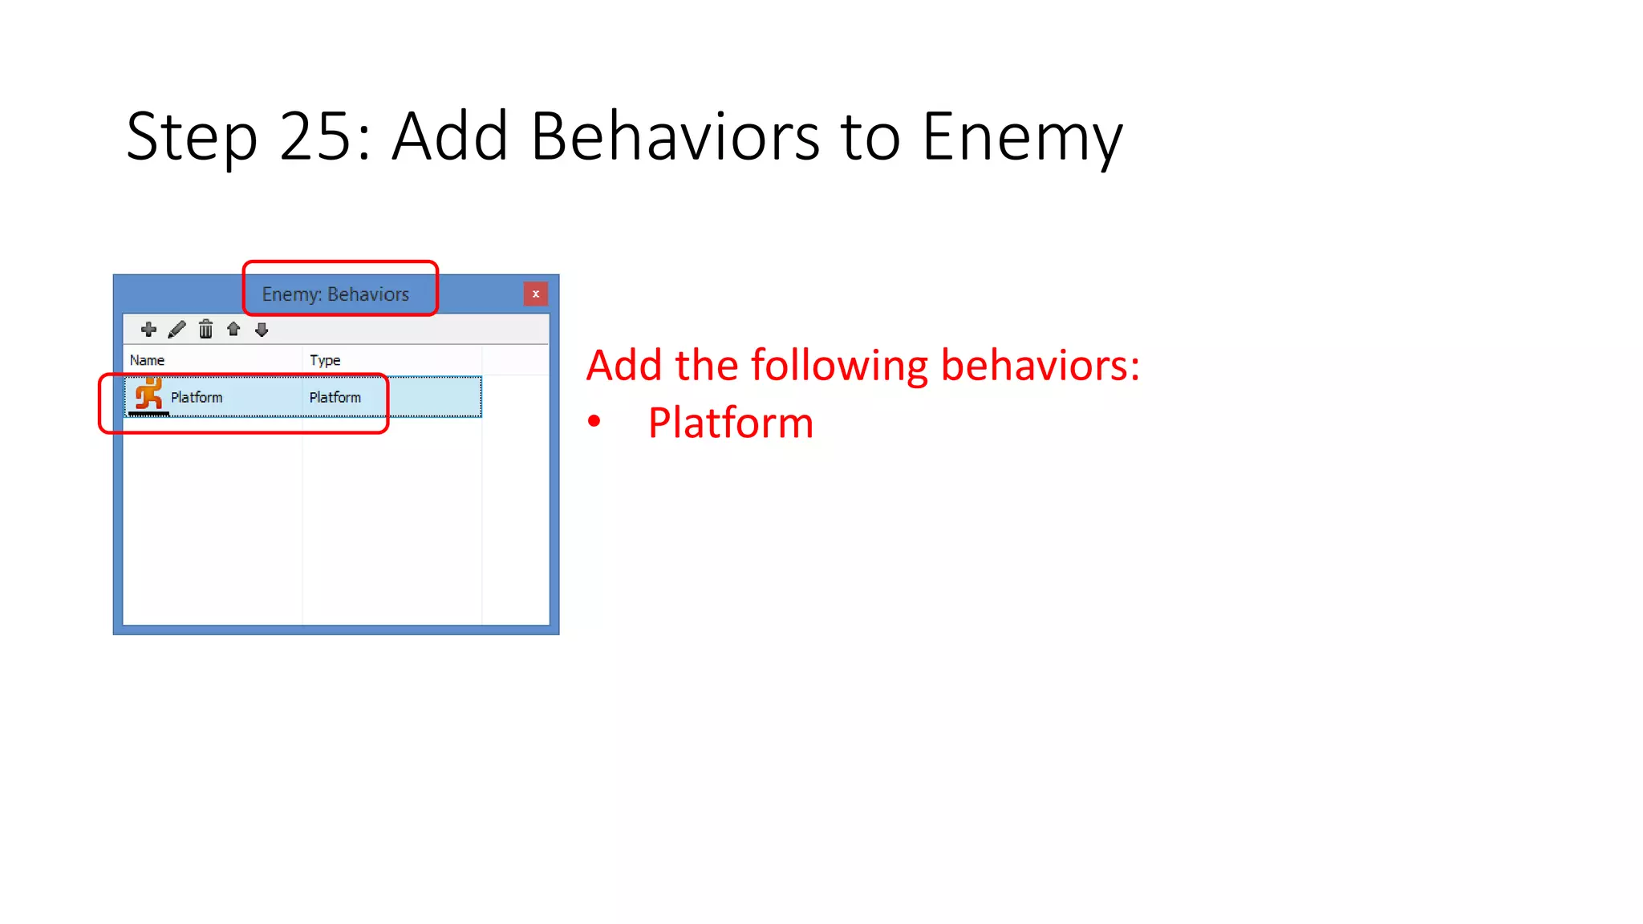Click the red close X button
pos(535,294)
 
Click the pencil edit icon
pos(177,330)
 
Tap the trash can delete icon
pos(205,330)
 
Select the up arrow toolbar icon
pos(233,330)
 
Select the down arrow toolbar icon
pos(262,330)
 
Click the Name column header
pos(148,361)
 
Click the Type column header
pos(325,361)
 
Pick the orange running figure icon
pos(149,395)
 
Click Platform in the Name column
pos(197,398)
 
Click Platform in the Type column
pos(335,398)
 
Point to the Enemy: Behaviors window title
pos(335,294)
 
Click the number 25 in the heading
pos(314,137)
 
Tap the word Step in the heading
pos(192,137)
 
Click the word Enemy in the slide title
pos(1022,137)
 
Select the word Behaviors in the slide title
pos(675,137)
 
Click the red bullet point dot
pos(594,421)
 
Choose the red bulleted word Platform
pos(730,423)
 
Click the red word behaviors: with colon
pos(1040,367)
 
